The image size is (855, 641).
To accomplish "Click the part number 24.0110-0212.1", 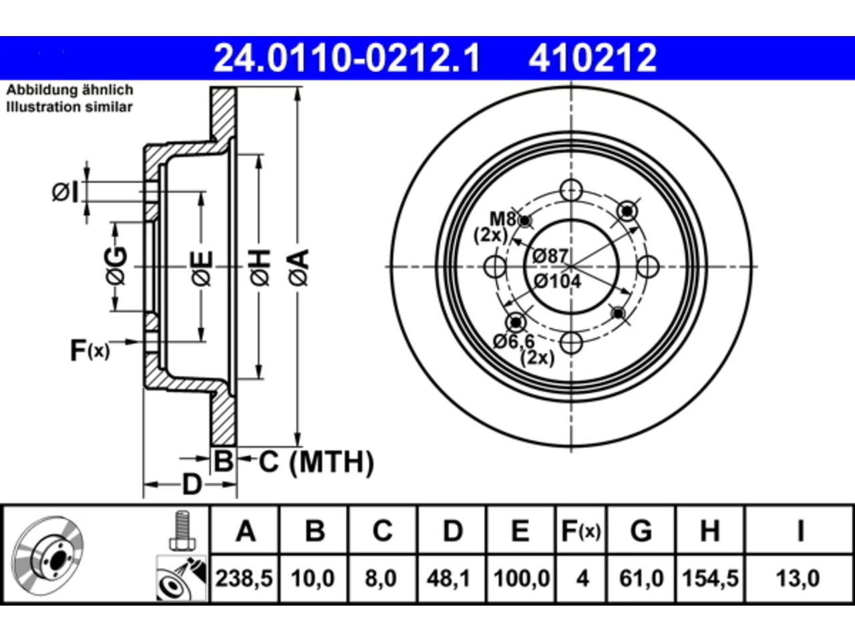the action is (347, 58).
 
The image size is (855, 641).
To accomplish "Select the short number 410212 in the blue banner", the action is (592, 58).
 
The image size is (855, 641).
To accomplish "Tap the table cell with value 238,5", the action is (244, 578).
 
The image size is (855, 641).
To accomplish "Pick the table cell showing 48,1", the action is (452, 578).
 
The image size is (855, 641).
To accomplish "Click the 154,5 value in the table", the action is (710, 578).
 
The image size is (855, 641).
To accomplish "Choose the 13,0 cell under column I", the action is (798, 578).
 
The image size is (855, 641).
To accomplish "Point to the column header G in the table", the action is (641, 530).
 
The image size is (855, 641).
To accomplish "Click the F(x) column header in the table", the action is (580, 530).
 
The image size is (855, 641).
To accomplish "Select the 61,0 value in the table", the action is (641, 578).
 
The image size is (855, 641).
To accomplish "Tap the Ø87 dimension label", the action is (550, 256).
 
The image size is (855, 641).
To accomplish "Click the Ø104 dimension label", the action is (557, 281).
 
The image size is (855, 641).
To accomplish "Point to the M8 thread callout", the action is (502, 219).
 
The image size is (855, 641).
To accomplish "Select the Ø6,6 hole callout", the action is (514, 342).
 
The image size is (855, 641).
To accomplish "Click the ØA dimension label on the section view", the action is (299, 268).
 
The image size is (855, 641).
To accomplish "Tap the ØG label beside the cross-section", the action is (116, 266).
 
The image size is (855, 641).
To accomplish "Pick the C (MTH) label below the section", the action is (316, 462).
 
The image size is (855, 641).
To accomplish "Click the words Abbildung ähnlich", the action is (69, 90).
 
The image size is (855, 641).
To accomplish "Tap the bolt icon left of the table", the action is (182, 530).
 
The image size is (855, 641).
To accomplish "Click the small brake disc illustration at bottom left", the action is (47, 556).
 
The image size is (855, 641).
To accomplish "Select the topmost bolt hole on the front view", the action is (571, 190).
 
